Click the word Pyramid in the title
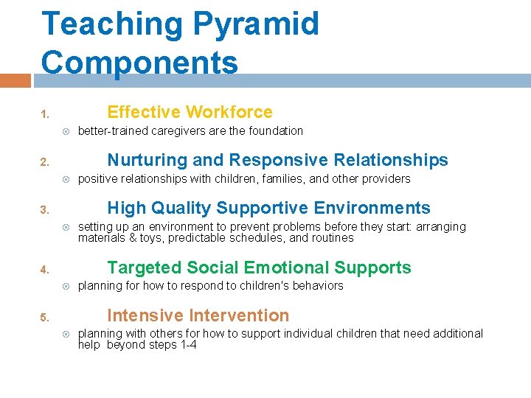(256, 24)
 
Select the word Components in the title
(139, 62)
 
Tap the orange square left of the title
(15, 80)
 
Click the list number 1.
(44, 114)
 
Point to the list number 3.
(44, 210)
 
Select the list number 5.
(44, 318)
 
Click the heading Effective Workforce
(190, 112)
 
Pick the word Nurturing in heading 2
(150, 160)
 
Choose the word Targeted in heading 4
(145, 268)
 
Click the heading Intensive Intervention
(198, 315)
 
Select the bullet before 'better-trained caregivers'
(66, 131)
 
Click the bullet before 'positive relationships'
(66, 179)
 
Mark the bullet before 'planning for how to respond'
(66, 286)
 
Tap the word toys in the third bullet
(150, 238)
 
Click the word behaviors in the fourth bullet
(316, 286)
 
